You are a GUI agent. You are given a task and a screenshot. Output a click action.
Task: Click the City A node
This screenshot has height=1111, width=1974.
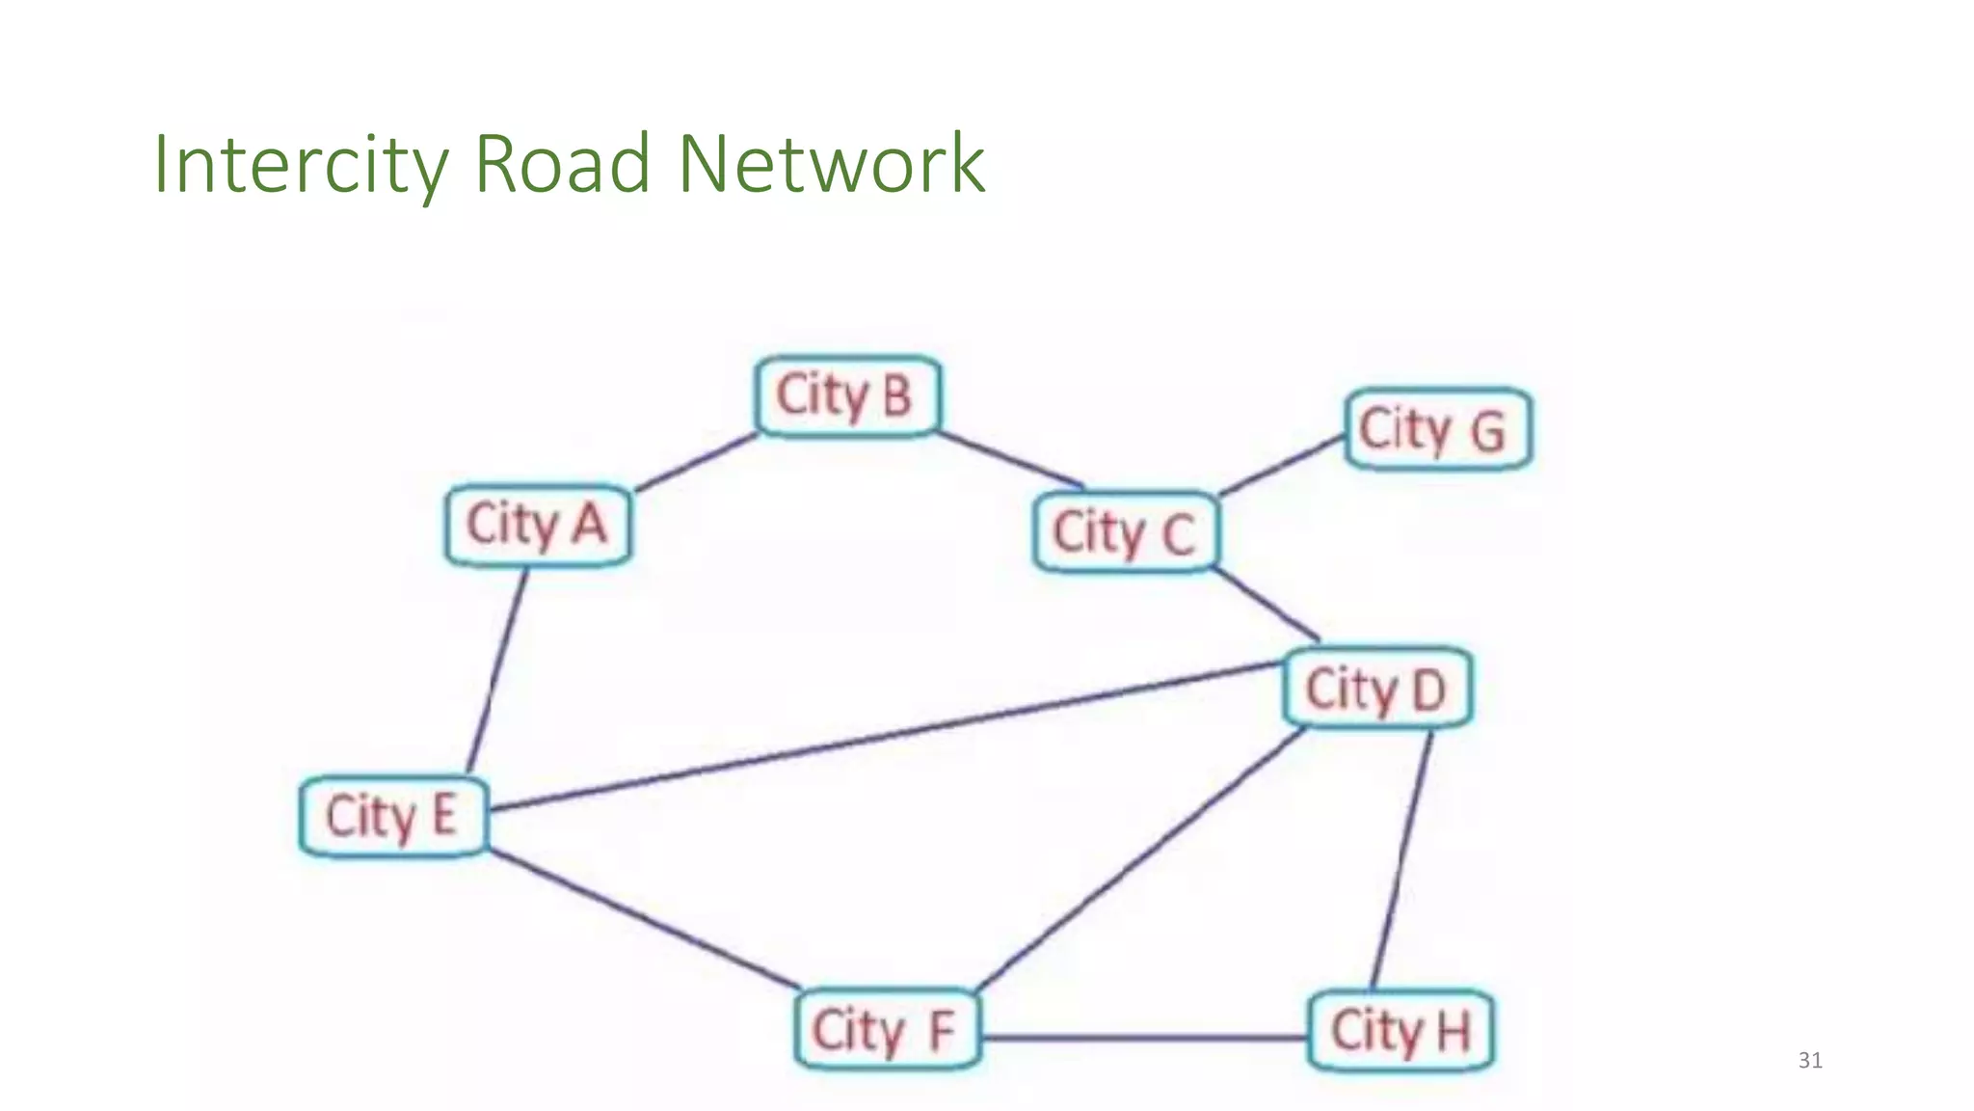coord(538,525)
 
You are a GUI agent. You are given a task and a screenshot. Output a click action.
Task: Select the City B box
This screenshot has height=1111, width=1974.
coord(846,395)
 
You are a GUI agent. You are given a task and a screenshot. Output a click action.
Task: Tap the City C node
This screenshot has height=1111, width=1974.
coord(1125,531)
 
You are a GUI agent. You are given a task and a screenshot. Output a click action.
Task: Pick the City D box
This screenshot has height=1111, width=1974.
coord(1377,688)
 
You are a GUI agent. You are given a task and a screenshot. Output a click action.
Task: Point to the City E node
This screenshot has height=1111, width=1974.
coord(392,816)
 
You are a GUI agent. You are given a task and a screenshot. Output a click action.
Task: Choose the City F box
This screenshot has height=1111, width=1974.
coord(887,1029)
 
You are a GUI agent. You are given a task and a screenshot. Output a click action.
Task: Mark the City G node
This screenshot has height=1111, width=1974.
coord(1437,429)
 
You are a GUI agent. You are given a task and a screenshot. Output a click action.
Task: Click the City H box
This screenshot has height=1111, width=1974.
coord(1400,1030)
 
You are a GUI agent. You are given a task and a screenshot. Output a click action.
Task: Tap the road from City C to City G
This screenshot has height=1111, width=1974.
coord(1282,465)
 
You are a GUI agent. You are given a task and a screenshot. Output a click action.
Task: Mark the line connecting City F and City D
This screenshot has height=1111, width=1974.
coord(1141,858)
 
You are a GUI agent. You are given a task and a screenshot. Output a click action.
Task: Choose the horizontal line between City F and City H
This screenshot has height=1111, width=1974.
coord(1145,1038)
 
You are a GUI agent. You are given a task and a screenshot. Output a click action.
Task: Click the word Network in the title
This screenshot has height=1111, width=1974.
coord(831,164)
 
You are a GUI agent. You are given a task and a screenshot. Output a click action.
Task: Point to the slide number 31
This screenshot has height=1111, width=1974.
coord(1810,1061)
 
